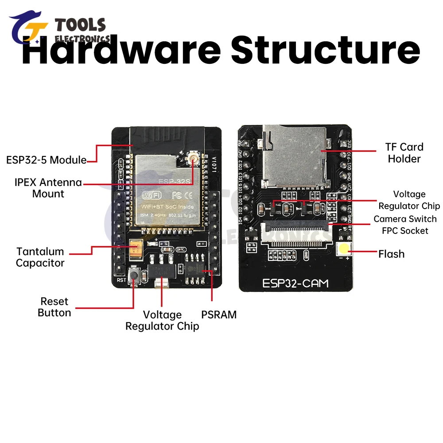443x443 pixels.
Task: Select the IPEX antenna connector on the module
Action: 194,158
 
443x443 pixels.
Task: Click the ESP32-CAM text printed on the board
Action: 295,283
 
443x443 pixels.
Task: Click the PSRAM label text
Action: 219,315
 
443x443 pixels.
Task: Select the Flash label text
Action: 391,254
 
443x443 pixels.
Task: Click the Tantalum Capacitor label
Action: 40,257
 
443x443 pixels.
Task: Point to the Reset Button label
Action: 54,307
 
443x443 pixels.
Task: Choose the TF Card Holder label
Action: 404,153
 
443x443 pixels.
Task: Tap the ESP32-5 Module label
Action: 46,160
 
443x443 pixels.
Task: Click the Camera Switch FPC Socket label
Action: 404,225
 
